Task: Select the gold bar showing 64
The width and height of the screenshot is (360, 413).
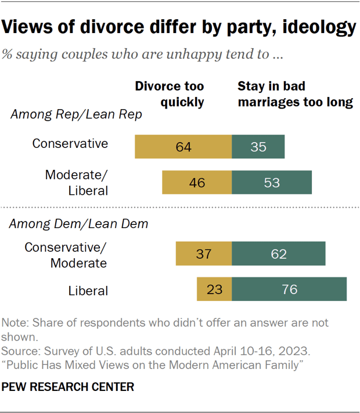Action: [x=183, y=147]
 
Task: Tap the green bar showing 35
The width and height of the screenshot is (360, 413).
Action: [x=258, y=147]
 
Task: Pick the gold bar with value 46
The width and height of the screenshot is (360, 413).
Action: [x=197, y=182]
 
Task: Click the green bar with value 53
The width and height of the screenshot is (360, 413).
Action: [x=271, y=182]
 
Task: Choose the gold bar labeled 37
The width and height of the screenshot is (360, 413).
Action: [x=204, y=254]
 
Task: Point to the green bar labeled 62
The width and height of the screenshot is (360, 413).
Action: [x=278, y=254]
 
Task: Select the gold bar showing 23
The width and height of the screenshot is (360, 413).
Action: [x=214, y=289]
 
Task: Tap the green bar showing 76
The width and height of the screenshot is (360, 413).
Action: [x=289, y=289]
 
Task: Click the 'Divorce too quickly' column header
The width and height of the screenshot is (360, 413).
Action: [x=170, y=95]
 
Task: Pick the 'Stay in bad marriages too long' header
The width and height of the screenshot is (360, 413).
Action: [x=295, y=95]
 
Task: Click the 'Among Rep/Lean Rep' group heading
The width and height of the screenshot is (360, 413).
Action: [x=76, y=115]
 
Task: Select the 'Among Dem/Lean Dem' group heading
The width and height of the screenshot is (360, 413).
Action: [x=78, y=222]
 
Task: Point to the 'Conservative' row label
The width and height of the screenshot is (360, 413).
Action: [x=70, y=143]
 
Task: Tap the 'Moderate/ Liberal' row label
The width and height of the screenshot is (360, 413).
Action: [x=77, y=182]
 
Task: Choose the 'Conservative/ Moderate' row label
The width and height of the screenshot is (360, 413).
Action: [x=66, y=255]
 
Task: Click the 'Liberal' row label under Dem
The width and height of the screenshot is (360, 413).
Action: [x=88, y=290]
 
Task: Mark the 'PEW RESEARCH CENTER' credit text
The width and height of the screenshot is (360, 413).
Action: [x=69, y=385]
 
